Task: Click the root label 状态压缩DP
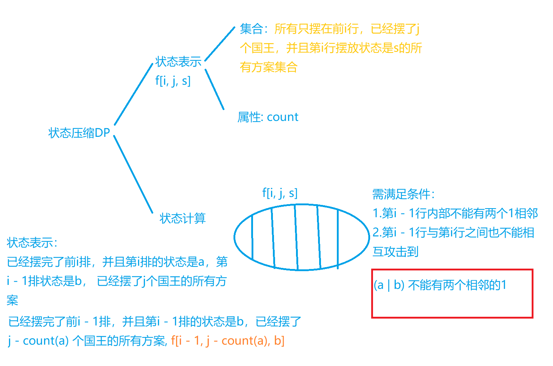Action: [x=79, y=133]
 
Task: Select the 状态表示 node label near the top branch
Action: [x=178, y=62]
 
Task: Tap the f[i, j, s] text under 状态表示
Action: [x=173, y=81]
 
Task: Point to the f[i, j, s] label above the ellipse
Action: [x=280, y=193]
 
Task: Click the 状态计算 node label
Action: [x=183, y=218]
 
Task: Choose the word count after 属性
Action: [x=283, y=117]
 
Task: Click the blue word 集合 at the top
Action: [x=251, y=29]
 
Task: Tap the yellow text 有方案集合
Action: [x=269, y=67]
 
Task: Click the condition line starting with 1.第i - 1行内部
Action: [x=455, y=213]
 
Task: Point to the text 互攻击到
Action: [x=395, y=252]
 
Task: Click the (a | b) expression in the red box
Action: [x=389, y=285]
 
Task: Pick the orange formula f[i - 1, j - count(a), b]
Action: [x=228, y=341]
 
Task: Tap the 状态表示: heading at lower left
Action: [x=32, y=243]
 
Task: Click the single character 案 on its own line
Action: [x=12, y=300]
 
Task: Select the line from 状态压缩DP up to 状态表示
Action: [x=134, y=94]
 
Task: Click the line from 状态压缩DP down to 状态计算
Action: [x=133, y=174]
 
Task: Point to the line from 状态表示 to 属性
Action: [x=215, y=89]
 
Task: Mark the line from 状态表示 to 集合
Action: [x=220, y=44]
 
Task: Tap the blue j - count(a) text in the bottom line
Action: [x=38, y=341]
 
